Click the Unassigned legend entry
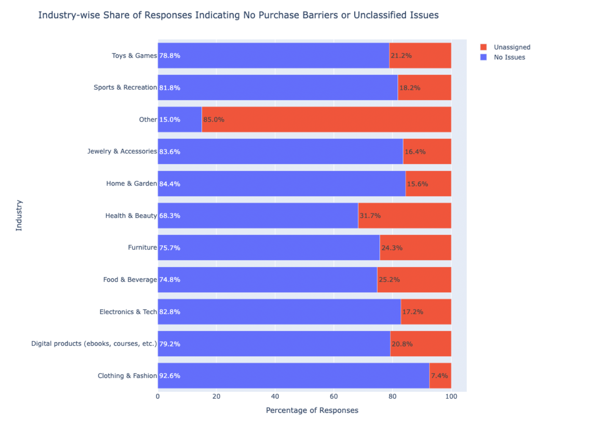(511, 47)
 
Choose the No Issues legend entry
(509, 57)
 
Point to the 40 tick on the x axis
(275, 396)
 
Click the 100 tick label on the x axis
(451, 396)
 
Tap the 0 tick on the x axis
(158, 396)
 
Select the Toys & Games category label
(134, 55)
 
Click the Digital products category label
(94, 343)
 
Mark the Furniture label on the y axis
(142, 247)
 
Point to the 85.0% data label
(214, 119)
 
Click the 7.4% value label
(439, 376)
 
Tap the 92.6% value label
(170, 376)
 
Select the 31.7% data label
(370, 216)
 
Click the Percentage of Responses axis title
(312, 410)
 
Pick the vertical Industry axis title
(19, 216)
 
